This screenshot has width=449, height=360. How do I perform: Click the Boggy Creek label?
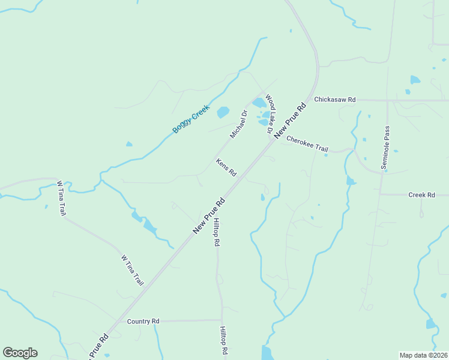(190, 119)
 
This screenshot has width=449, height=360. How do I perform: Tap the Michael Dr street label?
(238, 124)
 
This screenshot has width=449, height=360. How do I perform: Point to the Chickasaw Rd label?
(335, 99)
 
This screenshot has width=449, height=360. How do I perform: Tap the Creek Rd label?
(421, 195)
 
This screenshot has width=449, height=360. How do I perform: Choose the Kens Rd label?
(226, 167)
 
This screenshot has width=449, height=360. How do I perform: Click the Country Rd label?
(143, 322)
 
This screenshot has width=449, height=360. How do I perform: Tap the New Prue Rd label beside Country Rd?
(98, 347)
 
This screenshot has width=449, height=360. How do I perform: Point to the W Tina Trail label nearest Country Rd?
(133, 270)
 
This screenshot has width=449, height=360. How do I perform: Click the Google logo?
(20, 353)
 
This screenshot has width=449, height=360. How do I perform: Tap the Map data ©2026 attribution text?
(423, 355)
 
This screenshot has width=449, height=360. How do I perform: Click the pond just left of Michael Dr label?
(223, 112)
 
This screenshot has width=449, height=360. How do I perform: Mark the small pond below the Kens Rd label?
(262, 197)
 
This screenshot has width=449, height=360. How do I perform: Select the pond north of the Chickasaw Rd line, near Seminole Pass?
(415, 80)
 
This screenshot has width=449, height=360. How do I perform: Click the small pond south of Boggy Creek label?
(129, 144)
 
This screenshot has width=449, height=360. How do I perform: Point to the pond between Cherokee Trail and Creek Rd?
(351, 180)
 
